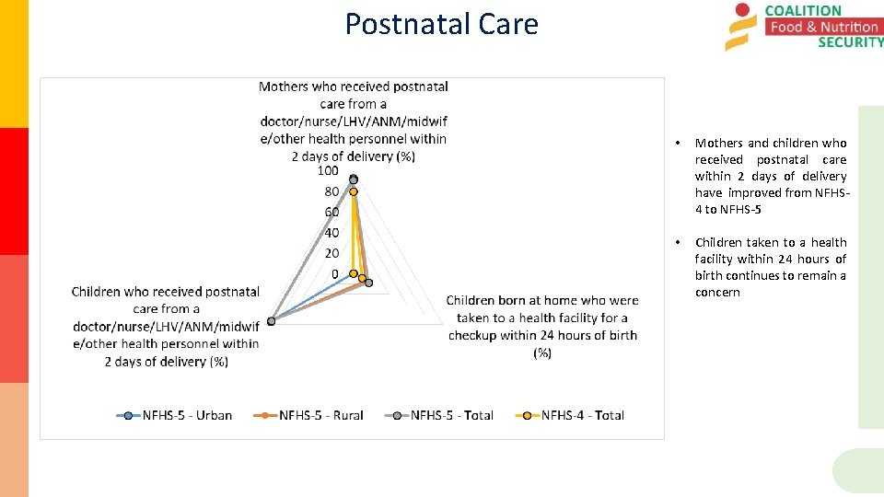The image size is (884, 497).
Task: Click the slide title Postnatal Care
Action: pos(441,24)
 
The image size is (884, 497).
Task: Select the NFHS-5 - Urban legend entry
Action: pos(175,415)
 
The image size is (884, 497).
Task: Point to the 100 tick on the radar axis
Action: pos(328,171)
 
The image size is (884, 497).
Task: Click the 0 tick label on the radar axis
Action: pos(334,273)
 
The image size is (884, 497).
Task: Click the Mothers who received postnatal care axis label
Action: pos(354,121)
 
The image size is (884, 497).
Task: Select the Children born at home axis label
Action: pos(542,326)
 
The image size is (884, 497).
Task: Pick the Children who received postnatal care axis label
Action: pos(166,326)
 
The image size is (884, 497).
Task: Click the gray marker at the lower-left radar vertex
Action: pos(271,321)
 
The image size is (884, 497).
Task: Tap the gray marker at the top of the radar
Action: pos(354,180)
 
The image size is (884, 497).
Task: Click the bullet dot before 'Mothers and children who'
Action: pos(677,144)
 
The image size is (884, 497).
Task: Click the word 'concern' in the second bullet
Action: pos(717,293)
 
